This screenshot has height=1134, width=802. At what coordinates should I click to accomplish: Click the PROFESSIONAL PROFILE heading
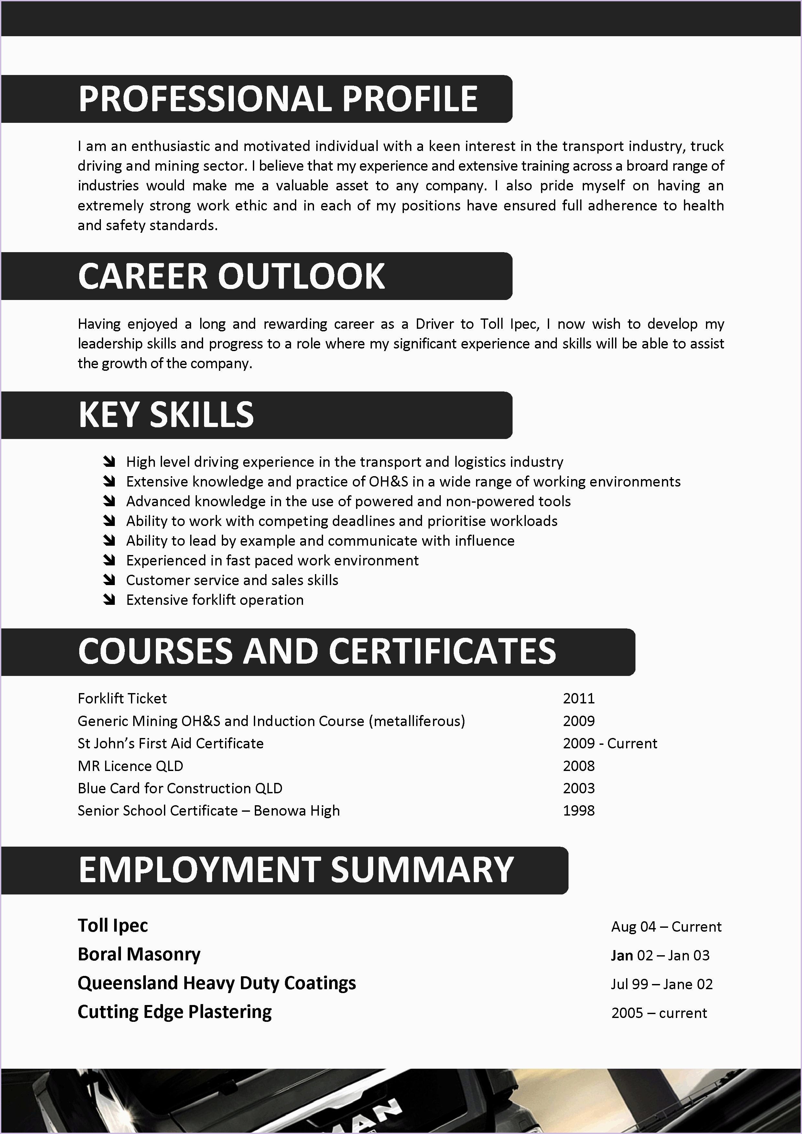(x=278, y=99)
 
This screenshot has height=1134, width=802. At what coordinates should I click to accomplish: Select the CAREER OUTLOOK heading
(x=231, y=276)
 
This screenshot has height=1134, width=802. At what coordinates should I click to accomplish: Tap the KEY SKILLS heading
(x=166, y=415)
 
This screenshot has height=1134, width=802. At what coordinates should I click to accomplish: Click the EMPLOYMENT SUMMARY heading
(x=296, y=870)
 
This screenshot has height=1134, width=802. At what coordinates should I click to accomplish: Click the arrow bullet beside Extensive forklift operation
(x=109, y=600)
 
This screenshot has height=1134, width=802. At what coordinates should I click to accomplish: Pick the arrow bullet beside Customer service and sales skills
(x=109, y=580)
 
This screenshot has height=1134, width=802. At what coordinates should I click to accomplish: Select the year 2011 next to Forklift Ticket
(x=579, y=698)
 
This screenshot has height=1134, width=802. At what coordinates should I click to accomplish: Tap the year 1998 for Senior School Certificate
(x=579, y=810)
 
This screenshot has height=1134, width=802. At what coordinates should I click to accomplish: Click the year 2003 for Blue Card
(x=579, y=788)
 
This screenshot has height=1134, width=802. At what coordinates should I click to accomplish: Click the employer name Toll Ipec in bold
(x=113, y=925)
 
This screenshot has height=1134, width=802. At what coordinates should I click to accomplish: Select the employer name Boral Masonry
(x=139, y=954)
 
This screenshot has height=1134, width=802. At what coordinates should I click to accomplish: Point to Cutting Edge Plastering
(x=174, y=1011)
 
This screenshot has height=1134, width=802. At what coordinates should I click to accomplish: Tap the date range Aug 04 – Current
(x=666, y=926)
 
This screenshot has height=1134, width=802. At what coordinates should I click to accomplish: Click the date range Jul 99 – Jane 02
(x=662, y=984)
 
